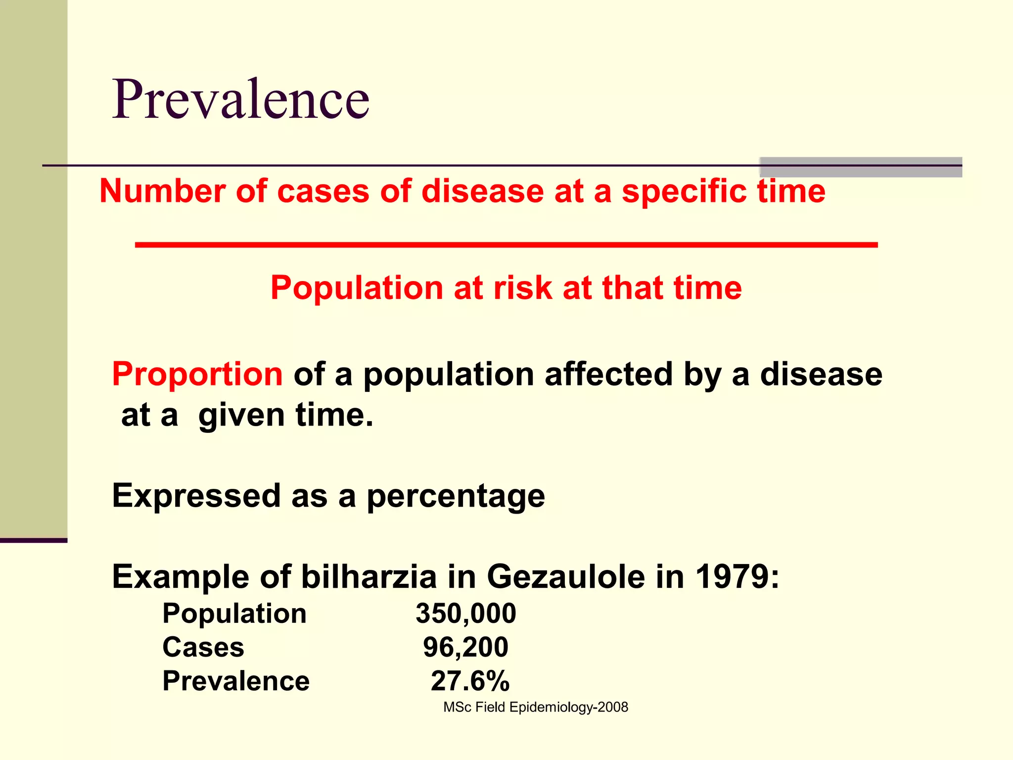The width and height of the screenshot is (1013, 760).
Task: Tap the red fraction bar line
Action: click(506, 245)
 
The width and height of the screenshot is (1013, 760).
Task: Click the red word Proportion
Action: click(197, 374)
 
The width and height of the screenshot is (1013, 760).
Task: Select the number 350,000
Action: click(465, 614)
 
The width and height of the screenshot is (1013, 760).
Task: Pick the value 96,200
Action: click(465, 647)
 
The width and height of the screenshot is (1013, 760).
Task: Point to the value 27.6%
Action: click(469, 681)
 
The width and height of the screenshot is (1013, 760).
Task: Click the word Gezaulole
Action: click(566, 577)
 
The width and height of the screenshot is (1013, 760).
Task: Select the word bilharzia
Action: click(368, 577)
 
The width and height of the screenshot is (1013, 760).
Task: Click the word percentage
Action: click(455, 497)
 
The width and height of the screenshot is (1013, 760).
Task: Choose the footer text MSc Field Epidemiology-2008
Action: click(535, 708)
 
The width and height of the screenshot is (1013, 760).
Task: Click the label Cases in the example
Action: click(203, 647)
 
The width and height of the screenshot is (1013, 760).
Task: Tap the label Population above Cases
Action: click(234, 614)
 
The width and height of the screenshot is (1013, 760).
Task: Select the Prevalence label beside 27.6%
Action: click(235, 681)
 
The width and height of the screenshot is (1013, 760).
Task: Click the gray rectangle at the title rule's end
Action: click(860, 167)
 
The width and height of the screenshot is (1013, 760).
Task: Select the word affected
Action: click(608, 374)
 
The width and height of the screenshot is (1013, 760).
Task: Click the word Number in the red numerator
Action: click(162, 191)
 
